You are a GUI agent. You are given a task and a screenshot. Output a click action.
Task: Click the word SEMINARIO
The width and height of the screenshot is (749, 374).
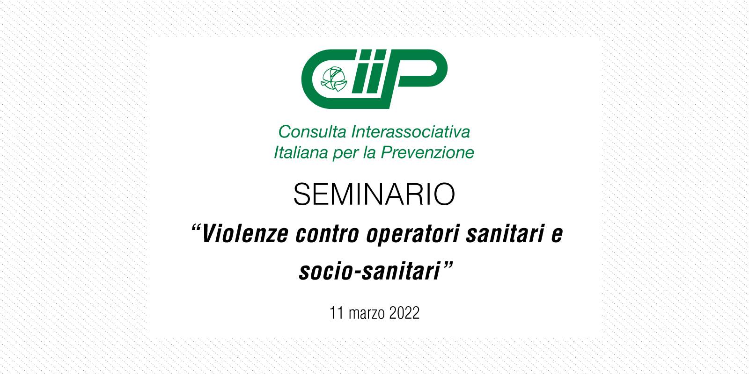pyautogui.click(x=374, y=194)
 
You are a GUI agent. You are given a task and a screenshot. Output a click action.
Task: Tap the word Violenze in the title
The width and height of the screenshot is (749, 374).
pyautogui.click(x=245, y=234)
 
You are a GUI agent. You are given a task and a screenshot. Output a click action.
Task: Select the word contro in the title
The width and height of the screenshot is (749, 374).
pyautogui.click(x=327, y=234)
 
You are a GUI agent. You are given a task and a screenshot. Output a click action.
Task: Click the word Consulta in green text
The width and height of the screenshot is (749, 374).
pyautogui.click(x=312, y=131)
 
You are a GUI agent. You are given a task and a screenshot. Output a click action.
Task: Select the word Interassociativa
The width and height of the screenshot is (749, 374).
pyautogui.click(x=411, y=131)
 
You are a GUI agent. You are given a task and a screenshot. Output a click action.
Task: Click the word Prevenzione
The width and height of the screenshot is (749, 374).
pyautogui.click(x=428, y=152)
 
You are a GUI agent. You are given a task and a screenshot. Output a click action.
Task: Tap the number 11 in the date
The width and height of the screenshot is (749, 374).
pyautogui.click(x=337, y=313)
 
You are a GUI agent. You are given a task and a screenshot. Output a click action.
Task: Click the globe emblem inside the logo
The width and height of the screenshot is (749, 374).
pyautogui.click(x=334, y=79)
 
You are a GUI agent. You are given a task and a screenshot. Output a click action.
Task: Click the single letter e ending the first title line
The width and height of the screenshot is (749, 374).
pyautogui.click(x=557, y=235)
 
